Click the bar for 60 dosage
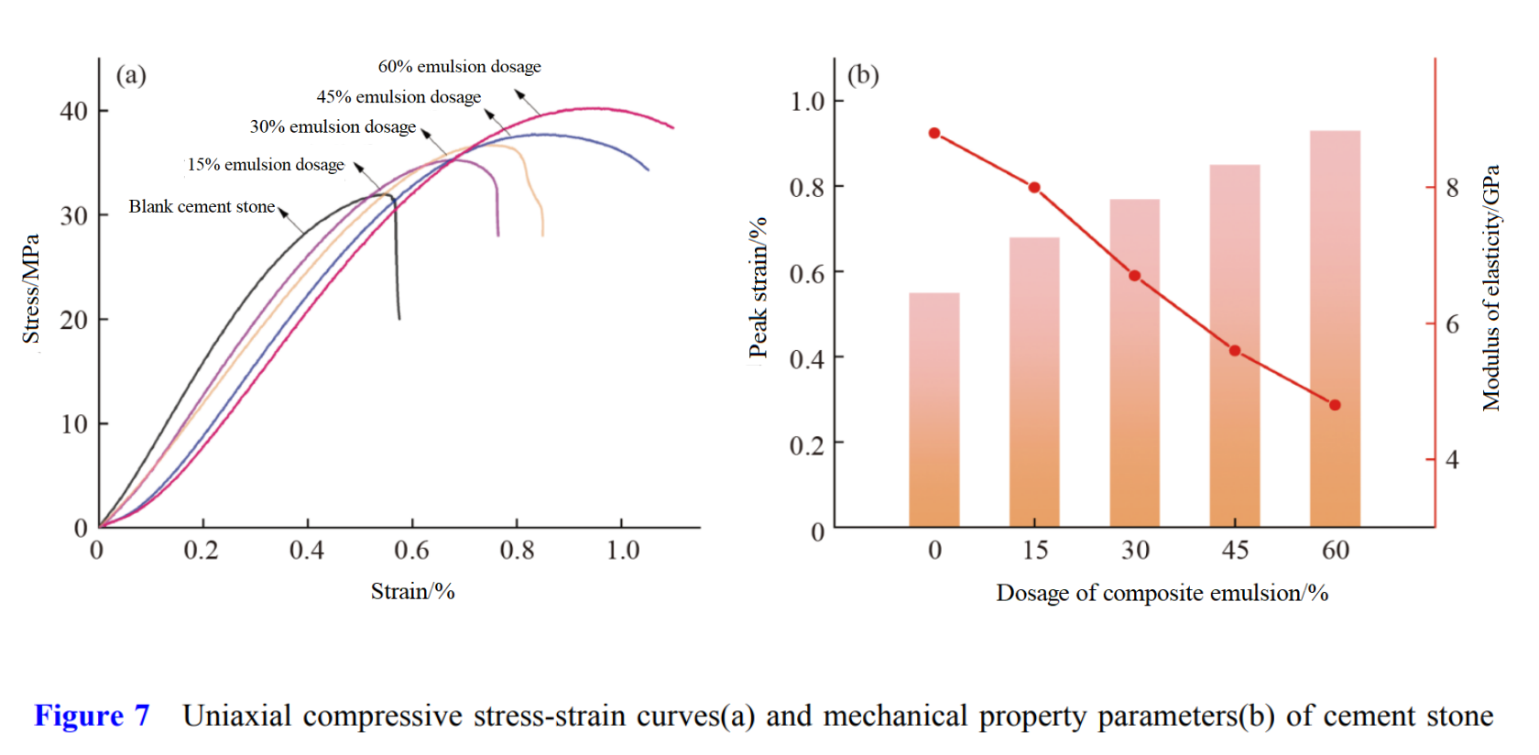pyautogui.click(x=1335, y=330)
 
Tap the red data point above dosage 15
pyautogui.click(x=1034, y=188)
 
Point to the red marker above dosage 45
pyautogui.click(x=1235, y=351)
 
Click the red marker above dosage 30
pyautogui.click(x=1134, y=276)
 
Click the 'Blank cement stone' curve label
pyautogui.click(x=202, y=207)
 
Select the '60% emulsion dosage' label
pyautogui.click(x=459, y=67)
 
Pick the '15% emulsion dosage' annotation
pyautogui.click(x=266, y=165)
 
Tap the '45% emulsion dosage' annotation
pyautogui.click(x=398, y=97)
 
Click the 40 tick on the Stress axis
pyautogui.click(x=74, y=112)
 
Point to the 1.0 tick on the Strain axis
pyautogui.click(x=623, y=550)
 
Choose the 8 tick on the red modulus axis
pyautogui.click(x=1452, y=188)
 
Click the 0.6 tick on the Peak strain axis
pyautogui.click(x=807, y=273)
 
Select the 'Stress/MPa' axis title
pyautogui.click(x=31, y=289)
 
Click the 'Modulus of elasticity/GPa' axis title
pyautogui.click(x=1491, y=288)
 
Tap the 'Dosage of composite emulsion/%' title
pyautogui.click(x=1162, y=593)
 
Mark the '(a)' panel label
pyautogui.click(x=131, y=75)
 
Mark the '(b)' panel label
pyautogui.click(x=863, y=75)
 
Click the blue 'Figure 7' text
pyautogui.click(x=92, y=716)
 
